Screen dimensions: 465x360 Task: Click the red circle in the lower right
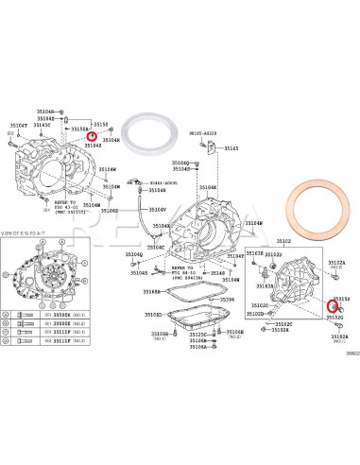pos(331,305)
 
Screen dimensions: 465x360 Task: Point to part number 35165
pos(231,148)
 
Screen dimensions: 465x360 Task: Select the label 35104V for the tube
pos(157,210)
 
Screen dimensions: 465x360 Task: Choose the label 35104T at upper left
pos(19,124)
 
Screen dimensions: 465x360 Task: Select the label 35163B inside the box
pos(255,254)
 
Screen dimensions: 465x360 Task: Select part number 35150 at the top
pos(101,124)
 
